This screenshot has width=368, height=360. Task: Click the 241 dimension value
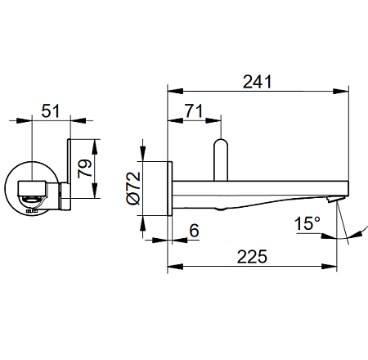258,82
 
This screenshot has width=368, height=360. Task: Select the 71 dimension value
194,110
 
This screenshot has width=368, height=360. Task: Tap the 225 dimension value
252,256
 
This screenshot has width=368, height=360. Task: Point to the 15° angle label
307,223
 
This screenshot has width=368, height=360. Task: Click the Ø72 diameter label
134,188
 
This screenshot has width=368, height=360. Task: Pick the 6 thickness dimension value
195,231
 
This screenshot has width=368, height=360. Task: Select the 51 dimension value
51,110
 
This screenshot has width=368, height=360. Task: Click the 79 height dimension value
85,169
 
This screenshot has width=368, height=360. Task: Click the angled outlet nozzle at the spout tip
333,200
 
